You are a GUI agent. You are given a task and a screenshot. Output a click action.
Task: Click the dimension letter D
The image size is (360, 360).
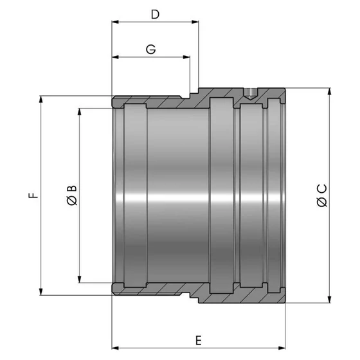click(155, 14)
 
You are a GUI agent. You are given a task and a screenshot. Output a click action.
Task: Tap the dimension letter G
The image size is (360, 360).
click(151, 50)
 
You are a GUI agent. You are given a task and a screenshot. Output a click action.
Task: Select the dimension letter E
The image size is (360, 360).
click(199, 341)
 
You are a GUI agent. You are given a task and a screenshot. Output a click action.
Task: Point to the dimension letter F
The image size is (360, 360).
click(33, 195)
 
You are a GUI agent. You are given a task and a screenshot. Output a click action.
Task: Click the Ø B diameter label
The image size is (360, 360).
click(72, 195)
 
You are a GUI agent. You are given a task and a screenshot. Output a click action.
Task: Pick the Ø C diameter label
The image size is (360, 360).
click(321, 195)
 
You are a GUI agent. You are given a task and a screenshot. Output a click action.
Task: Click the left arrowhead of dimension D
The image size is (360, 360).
click(115, 22)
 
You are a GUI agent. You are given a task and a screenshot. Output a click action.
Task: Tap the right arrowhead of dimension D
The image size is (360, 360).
click(195, 22)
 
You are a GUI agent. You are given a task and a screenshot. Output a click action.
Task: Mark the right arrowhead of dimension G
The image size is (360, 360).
click(186, 57)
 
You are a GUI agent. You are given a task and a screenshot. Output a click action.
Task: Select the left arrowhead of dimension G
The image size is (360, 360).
click(115, 57)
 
